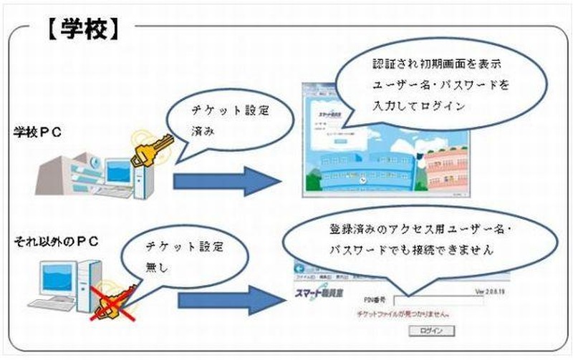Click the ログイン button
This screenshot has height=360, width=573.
click(x=426, y=330)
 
